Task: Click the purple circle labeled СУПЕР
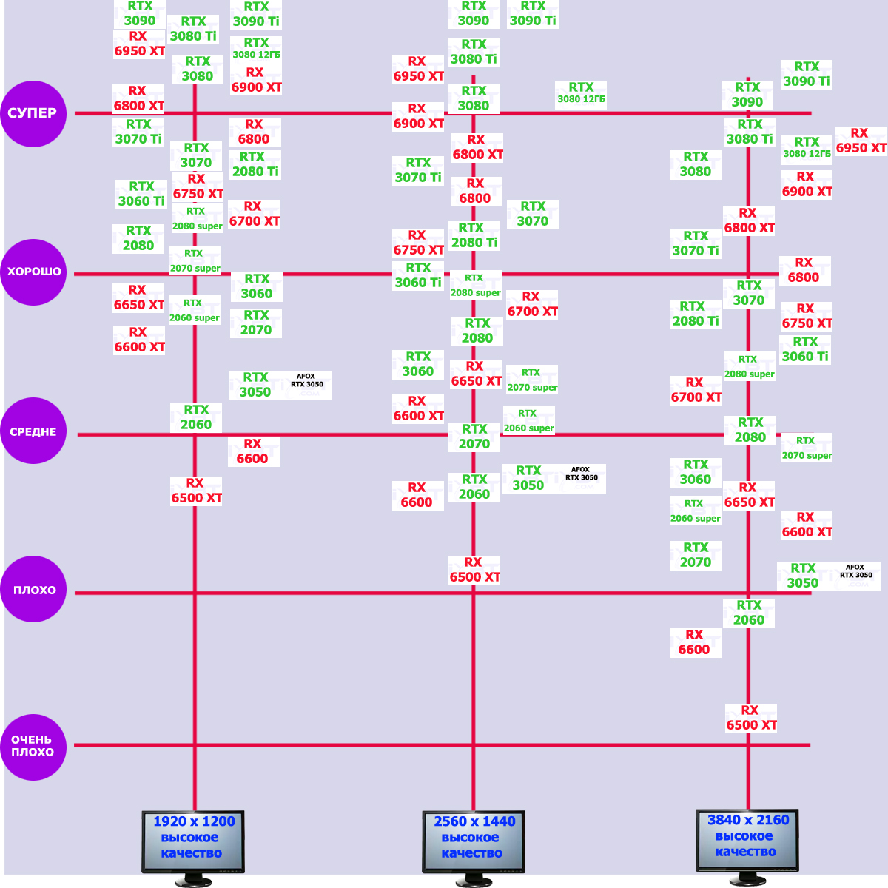point(33,113)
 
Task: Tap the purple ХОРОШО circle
point(33,272)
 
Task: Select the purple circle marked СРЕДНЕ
point(33,431)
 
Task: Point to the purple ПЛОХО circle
point(33,590)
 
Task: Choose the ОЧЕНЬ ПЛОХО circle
point(33,746)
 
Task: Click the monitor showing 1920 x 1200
point(193,841)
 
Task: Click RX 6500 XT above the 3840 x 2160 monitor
point(751,718)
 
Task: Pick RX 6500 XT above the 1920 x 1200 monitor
point(196,491)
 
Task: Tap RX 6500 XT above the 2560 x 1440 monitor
point(474,570)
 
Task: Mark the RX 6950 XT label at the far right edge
point(860,141)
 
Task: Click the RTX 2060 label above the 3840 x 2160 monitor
point(749,613)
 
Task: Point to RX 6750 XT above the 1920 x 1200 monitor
point(198,186)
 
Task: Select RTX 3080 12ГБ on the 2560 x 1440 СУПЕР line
point(582,93)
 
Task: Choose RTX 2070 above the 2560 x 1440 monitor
point(474,437)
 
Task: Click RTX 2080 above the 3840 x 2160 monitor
point(750,430)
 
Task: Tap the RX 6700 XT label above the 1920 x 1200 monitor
point(254,214)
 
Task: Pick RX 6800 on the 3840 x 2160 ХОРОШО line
point(804,270)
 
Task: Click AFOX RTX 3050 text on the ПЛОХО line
point(856,571)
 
